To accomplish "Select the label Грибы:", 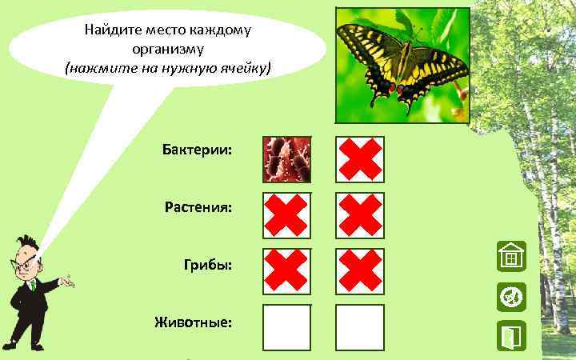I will (x=208, y=265).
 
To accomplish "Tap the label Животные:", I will (x=194, y=322).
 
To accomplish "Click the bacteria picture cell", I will (x=287, y=159).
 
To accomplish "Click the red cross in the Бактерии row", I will (x=359, y=159).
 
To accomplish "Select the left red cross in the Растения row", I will (x=287, y=215).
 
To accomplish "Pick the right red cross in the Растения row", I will (x=359, y=215).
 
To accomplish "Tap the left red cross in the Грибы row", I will (x=287, y=271).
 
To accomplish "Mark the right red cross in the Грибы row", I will (x=359, y=271).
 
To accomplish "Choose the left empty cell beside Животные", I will (x=287, y=326).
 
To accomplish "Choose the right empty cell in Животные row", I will (x=359, y=326).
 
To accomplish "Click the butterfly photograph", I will (x=402, y=66).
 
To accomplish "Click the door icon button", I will (x=510, y=335).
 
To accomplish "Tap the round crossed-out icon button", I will (x=510, y=297).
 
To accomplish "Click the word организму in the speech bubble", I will (x=168, y=50).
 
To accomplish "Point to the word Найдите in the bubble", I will (x=110, y=31).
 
